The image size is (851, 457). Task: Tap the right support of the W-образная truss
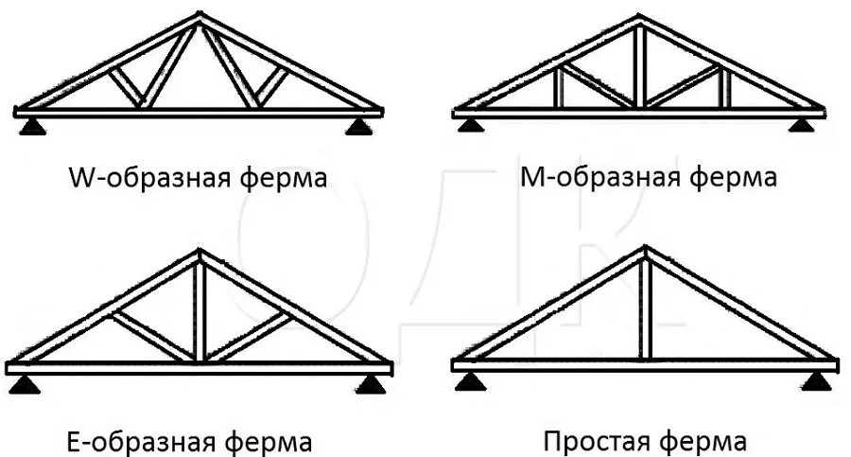coord(357,125)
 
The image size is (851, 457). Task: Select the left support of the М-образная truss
coord(468,123)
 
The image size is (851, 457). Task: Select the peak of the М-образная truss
coord(641,19)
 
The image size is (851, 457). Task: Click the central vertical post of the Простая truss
coord(644,308)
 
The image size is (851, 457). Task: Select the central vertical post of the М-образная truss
coord(641,66)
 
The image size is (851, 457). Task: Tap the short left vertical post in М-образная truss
coord(559,87)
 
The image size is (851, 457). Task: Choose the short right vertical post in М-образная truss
coord(725,87)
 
